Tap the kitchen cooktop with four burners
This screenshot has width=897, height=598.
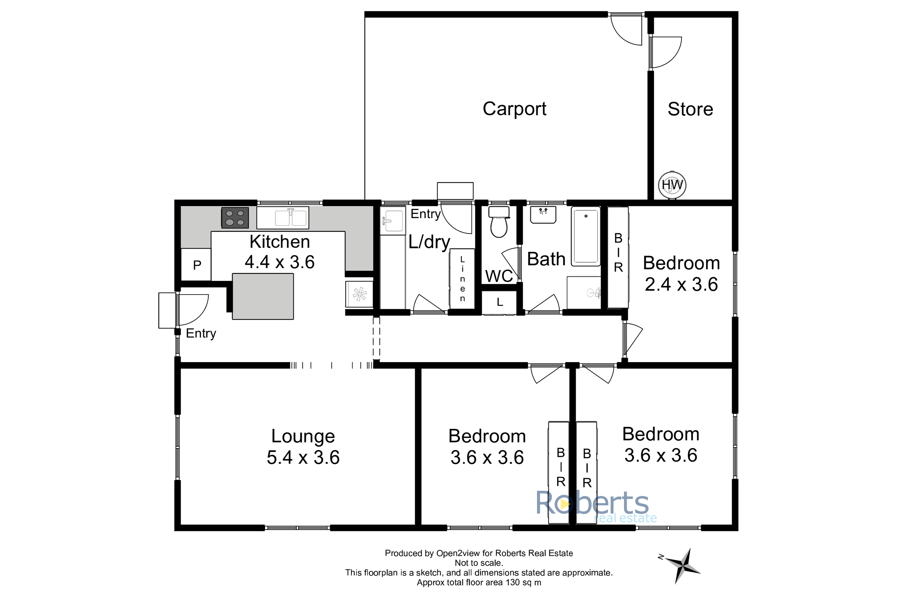(235, 218)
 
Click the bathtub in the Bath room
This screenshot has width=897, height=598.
(586, 236)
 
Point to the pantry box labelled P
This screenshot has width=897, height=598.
(196, 264)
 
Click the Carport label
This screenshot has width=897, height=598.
(515, 109)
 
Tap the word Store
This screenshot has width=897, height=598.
(690, 109)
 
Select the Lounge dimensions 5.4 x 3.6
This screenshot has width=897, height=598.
(303, 457)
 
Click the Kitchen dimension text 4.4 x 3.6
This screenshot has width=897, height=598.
(280, 262)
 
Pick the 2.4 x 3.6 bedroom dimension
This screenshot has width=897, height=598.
(681, 284)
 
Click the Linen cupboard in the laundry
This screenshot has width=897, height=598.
(462, 279)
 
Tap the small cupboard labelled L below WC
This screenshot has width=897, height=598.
(500, 302)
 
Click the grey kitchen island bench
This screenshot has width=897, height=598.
(263, 296)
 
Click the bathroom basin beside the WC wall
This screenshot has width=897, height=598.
(543, 215)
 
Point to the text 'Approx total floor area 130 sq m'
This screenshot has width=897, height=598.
(479, 582)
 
